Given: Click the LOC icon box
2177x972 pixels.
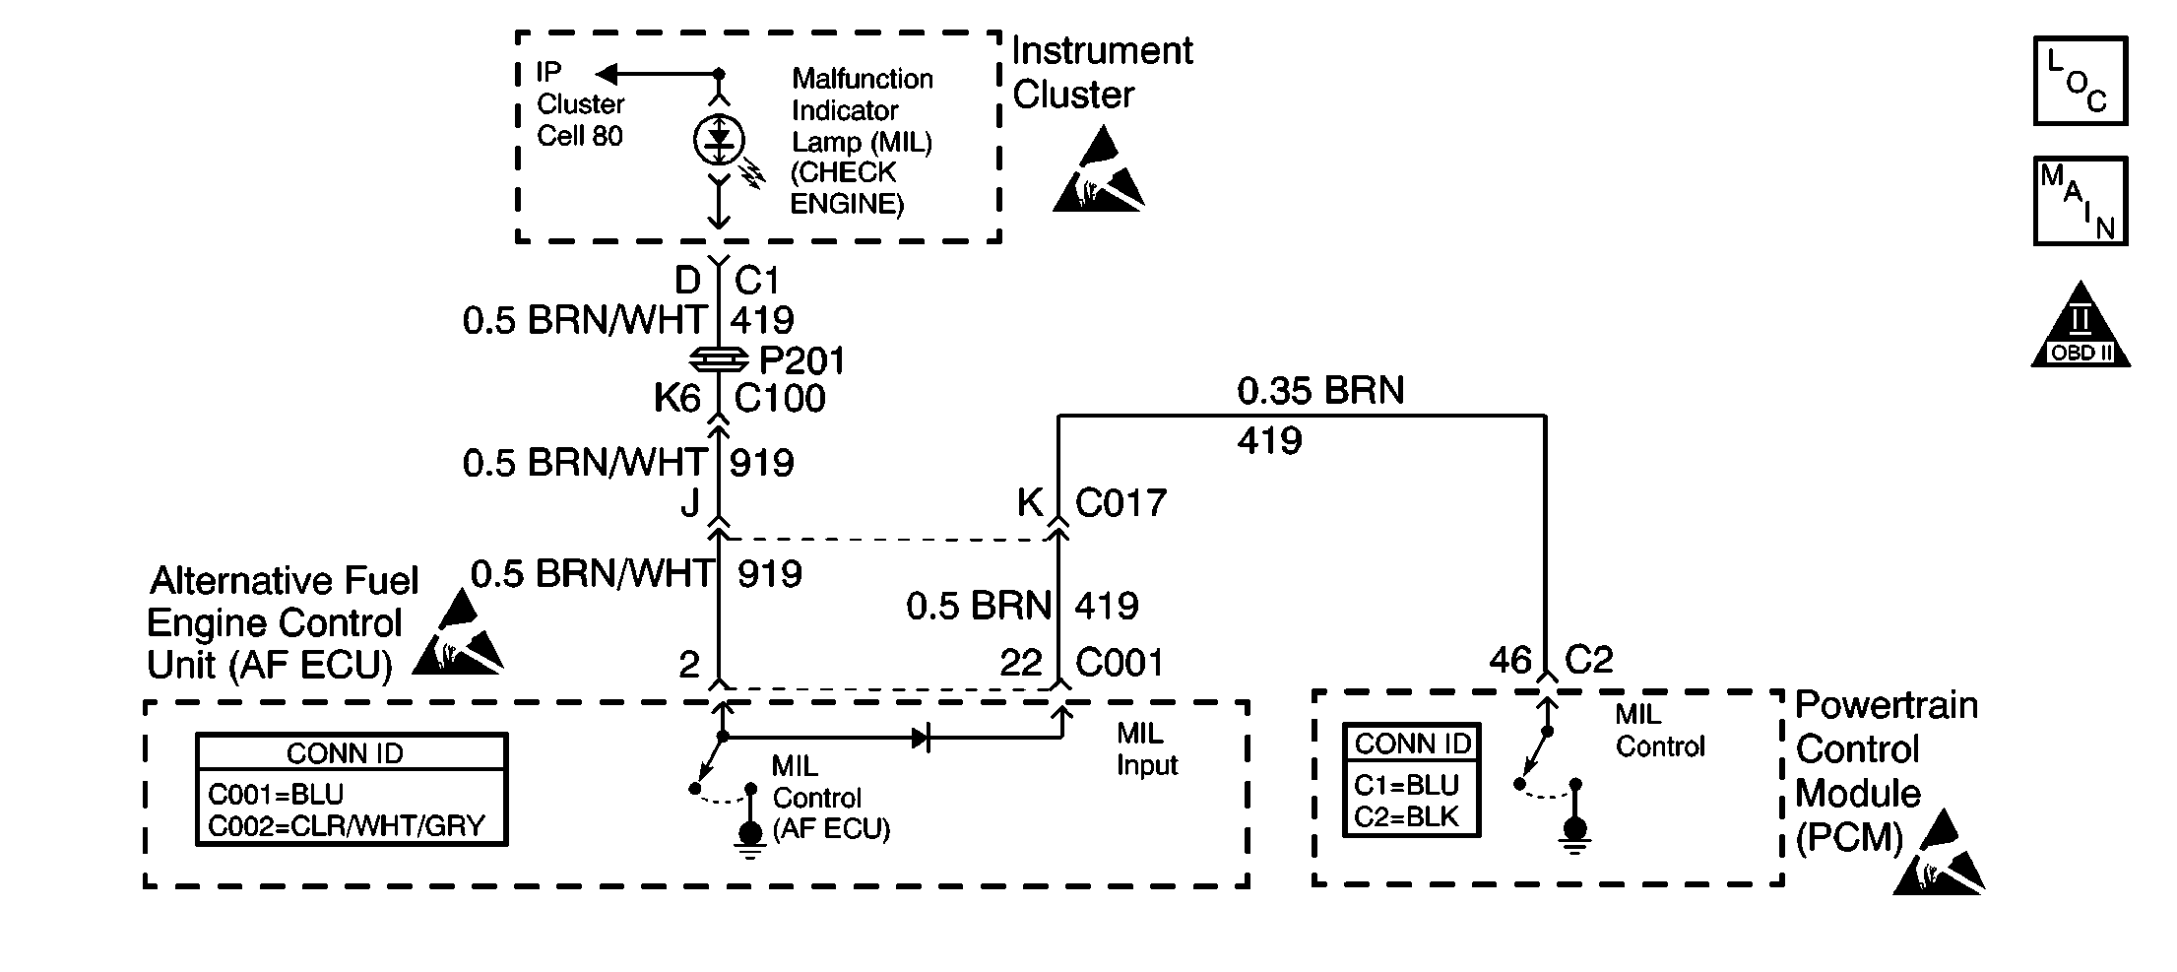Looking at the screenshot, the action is pos(2081,82).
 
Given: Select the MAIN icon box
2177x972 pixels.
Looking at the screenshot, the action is pos(2081,201).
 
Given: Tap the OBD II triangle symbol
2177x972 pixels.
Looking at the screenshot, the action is pos(2081,326).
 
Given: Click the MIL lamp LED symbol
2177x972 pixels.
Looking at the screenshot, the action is pos(719,140).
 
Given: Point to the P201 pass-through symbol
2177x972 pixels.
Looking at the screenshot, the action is pos(720,359).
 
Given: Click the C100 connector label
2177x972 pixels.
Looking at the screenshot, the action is pos(780,399).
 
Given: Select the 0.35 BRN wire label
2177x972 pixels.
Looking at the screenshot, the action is pos(1320,391).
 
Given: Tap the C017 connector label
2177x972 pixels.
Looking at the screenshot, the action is pos(1121,503).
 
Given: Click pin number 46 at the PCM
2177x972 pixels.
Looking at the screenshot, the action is pos(1510,660).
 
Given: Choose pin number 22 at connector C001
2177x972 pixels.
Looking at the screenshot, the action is pos(1021,663).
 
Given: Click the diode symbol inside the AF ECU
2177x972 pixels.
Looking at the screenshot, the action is pos(921,737).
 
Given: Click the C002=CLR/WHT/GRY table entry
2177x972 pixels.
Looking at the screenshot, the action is pos(347,825).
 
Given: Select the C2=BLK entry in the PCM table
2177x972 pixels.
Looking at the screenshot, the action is pos(1407,816).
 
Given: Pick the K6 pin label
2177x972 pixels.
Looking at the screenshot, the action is pos(677,399).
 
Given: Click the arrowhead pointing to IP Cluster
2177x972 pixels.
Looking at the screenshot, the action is pos(608,74).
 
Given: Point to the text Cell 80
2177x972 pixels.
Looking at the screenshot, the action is pos(580,136).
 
